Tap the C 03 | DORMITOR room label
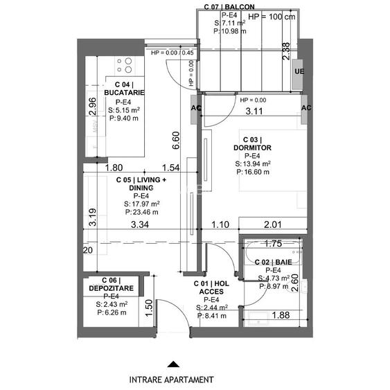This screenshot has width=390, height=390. pos(252,143)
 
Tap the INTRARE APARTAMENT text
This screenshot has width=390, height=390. pos(171,380)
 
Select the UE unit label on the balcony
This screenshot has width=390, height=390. pos(299,71)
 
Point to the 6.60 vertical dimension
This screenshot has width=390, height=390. pos(176,141)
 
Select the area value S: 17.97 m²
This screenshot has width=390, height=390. pos(142,204)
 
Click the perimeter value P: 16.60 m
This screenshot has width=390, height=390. pos(253,172)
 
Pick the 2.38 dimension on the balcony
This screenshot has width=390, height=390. pos(286,53)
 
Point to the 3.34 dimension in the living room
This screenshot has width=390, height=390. pos(141,224)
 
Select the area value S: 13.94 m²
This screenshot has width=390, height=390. pos(253,163)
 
